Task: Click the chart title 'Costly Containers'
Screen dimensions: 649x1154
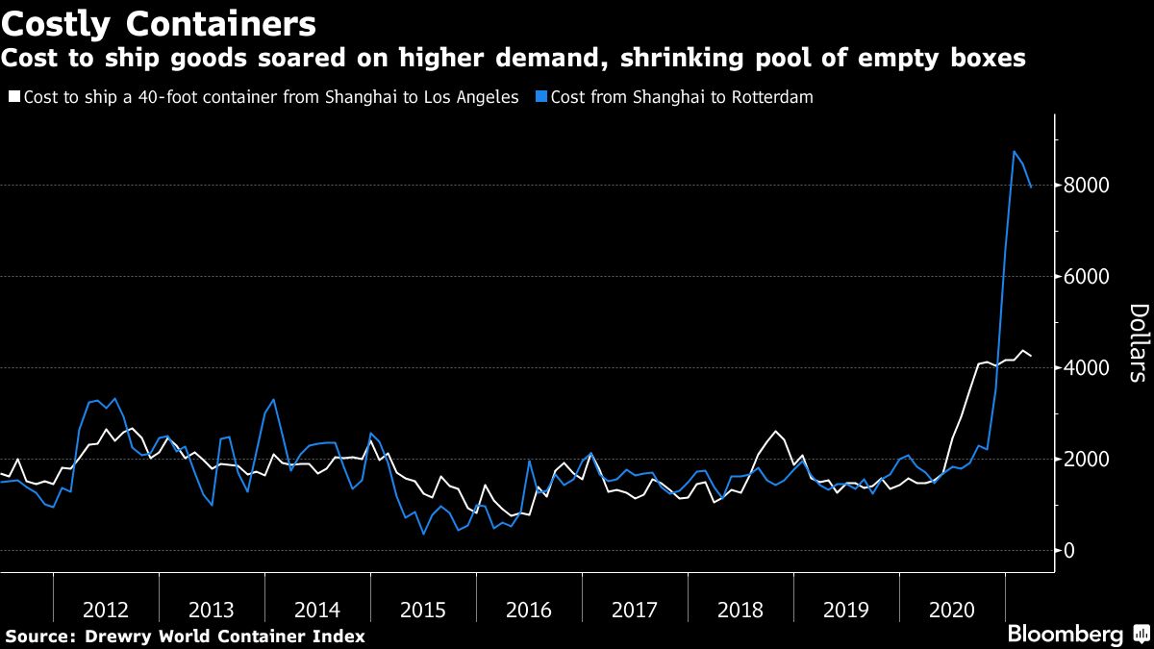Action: tap(159, 22)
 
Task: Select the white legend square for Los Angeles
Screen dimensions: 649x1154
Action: tap(13, 97)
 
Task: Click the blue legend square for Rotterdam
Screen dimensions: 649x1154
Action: tap(542, 97)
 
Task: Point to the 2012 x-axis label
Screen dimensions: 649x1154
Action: tap(106, 610)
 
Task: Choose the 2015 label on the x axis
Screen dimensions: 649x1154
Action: tap(423, 610)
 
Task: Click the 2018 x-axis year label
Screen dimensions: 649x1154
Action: tap(740, 610)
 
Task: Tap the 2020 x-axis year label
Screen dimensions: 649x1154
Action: tap(952, 610)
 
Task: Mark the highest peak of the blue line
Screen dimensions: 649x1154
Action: tap(1014, 151)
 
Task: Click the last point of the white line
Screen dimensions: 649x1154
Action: tap(1032, 357)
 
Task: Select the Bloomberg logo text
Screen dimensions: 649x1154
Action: tap(1065, 635)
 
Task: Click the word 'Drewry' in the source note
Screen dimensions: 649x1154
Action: tap(117, 636)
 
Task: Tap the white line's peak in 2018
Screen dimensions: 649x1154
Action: tap(775, 431)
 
